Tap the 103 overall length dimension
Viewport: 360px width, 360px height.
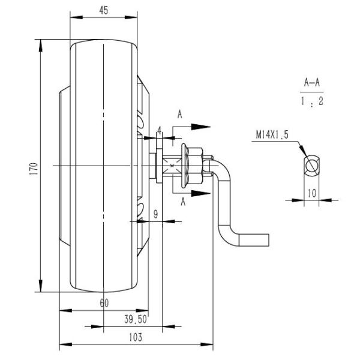pos(136,337)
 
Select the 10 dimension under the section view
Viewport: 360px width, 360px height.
pos(311,193)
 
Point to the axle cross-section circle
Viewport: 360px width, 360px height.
pos(311,165)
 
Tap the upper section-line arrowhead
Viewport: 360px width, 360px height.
pos(204,127)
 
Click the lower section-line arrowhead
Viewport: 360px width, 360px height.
pos(204,193)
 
